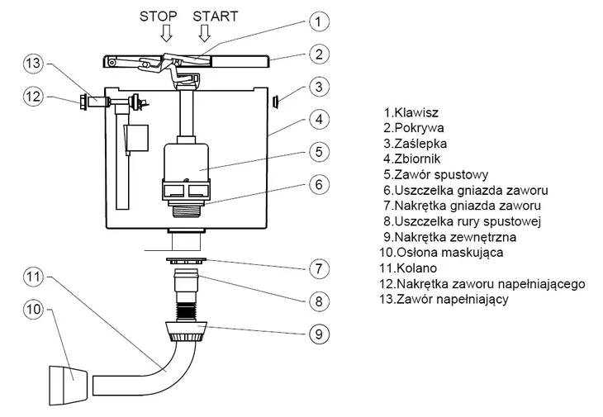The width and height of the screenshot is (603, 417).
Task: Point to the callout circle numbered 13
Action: point(32,64)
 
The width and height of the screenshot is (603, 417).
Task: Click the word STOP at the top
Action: point(157,17)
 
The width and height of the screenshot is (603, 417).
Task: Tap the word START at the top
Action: point(215,17)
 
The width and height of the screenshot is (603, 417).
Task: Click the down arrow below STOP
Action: point(166,34)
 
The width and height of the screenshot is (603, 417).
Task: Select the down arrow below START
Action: point(204,34)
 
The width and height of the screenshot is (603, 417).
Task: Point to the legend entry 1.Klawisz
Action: point(411,111)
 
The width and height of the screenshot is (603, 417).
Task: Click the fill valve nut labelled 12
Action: point(84,102)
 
